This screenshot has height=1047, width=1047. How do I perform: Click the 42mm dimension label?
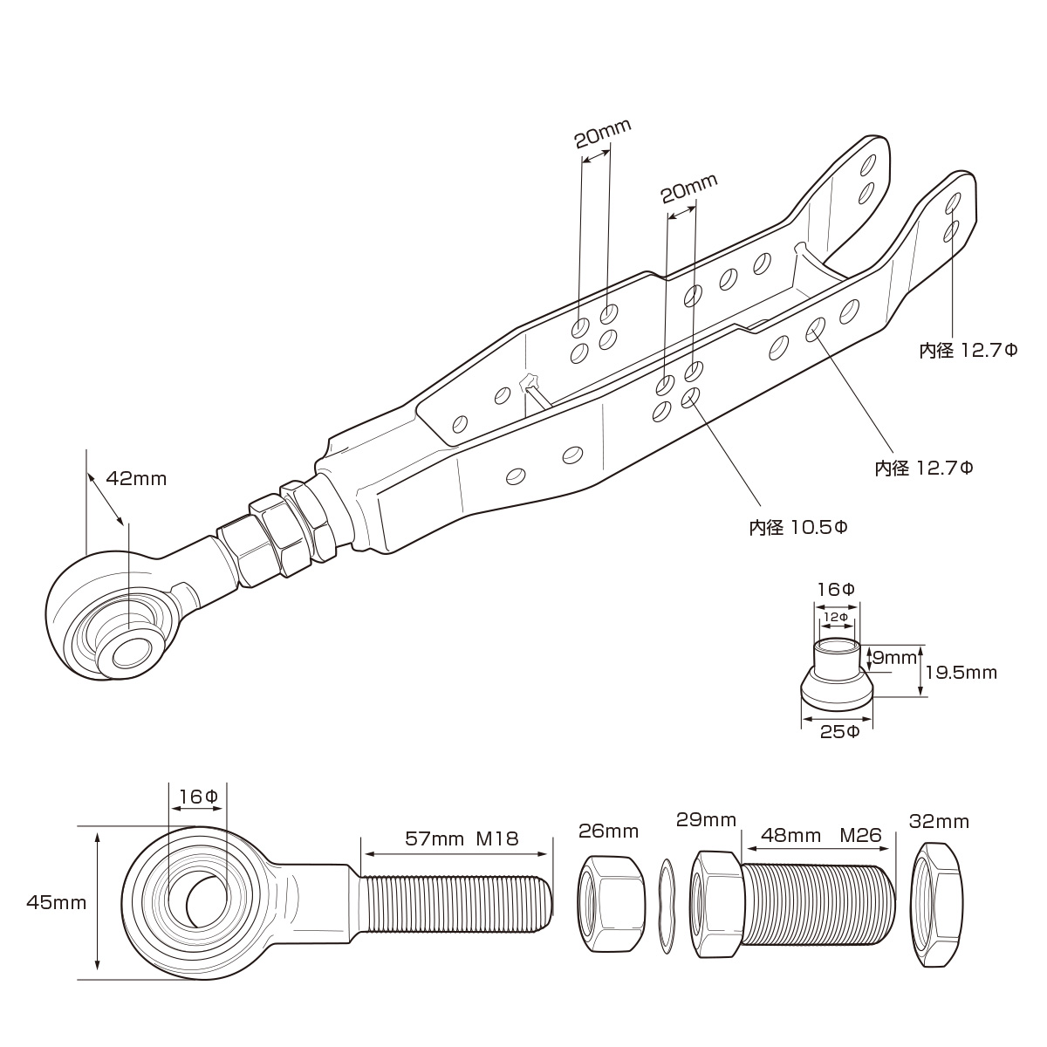pyautogui.click(x=135, y=479)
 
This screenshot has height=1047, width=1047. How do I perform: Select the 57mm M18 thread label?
pyautogui.click(x=462, y=839)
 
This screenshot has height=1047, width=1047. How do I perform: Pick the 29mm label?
pyautogui.click(x=707, y=820)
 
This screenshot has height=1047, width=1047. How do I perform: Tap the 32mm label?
pyautogui.click(x=939, y=822)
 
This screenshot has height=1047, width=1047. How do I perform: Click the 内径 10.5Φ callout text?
pyautogui.click(x=798, y=528)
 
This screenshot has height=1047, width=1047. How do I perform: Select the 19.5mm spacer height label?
pyautogui.click(x=961, y=673)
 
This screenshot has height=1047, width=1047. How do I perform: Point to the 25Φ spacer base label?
pyautogui.click(x=839, y=731)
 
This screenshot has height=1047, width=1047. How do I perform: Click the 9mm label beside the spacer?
pyautogui.click(x=893, y=655)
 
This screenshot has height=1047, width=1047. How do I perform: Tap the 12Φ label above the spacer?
pyautogui.click(x=837, y=617)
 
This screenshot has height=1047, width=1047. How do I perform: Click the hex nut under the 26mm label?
pyautogui.click(x=611, y=904)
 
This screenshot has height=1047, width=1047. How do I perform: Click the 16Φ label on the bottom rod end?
pyautogui.click(x=197, y=797)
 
